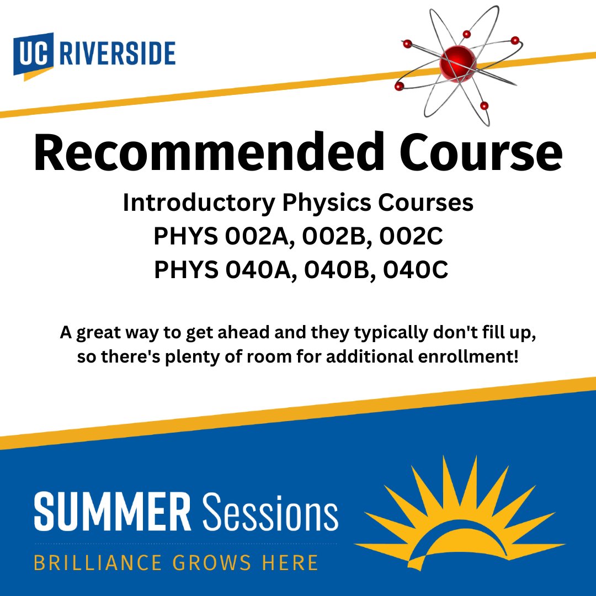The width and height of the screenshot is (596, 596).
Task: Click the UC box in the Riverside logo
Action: (x=34, y=56)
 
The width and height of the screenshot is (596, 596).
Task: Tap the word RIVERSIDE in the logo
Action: (x=117, y=54)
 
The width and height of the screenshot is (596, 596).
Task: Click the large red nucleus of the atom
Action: (x=457, y=64)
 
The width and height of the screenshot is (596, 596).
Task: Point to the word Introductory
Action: (x=198, y=204)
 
